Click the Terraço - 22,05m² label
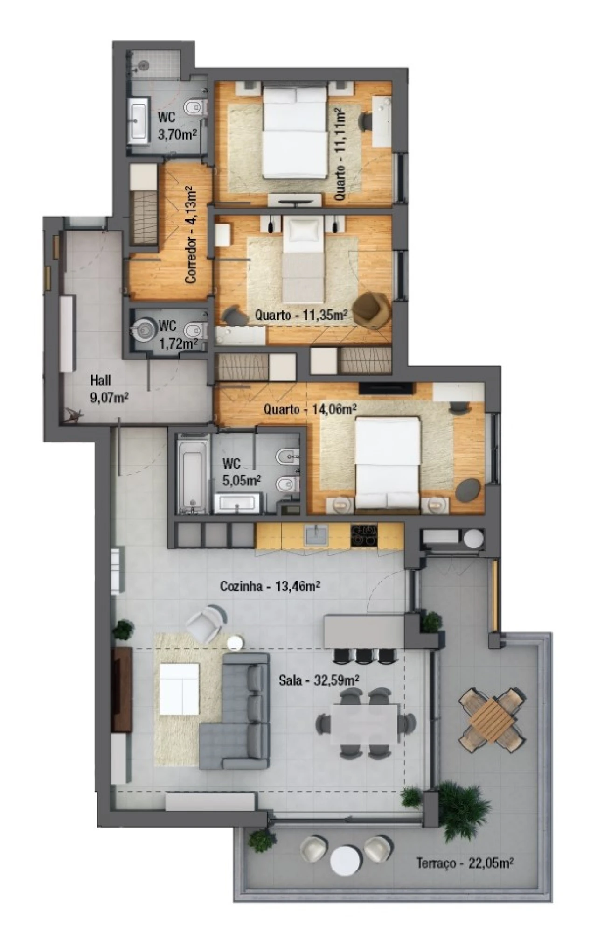pos(465,863)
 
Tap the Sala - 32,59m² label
pos(319,680)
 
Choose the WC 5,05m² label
pos(241,471)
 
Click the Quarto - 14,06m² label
pos(311,410)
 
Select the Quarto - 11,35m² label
pos(301,315)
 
